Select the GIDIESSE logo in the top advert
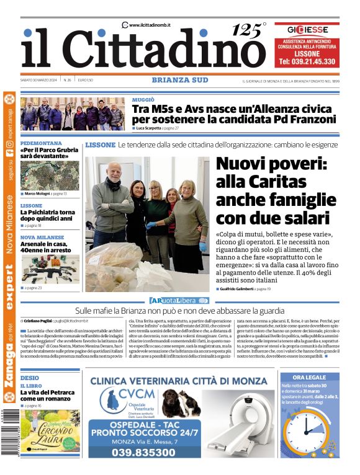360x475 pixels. pos(307,29)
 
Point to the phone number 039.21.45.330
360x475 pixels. pos(307,62)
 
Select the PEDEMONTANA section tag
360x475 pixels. pos(41,143)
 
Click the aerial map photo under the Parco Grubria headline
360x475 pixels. pos(50,175)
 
